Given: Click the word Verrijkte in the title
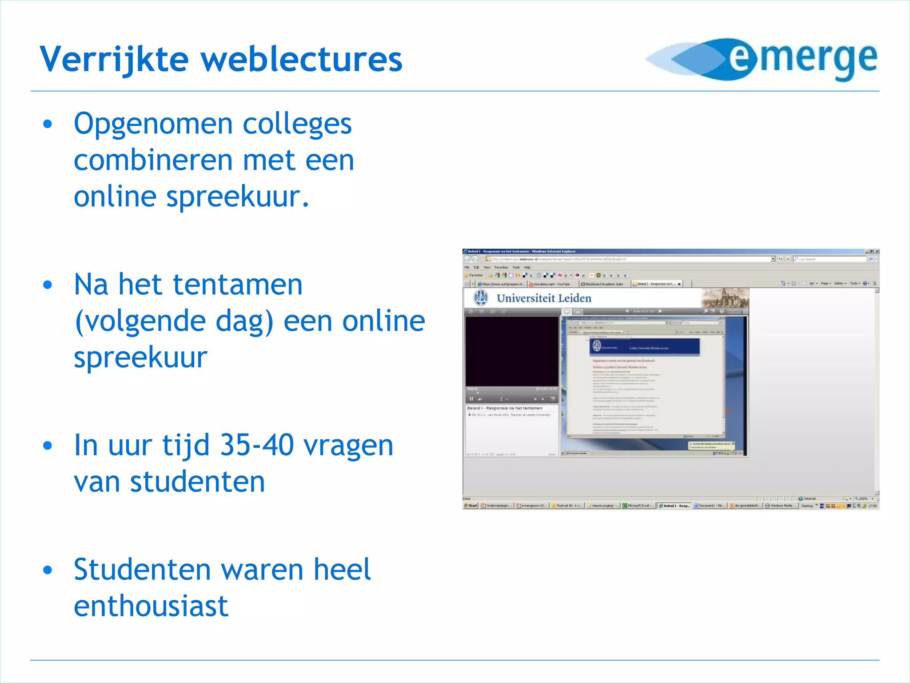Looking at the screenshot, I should tap(114, 59).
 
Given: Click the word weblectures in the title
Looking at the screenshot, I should tap(302, 59).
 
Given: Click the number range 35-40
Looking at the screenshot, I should tap(256, 445).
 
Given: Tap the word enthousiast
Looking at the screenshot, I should tap(151, 606).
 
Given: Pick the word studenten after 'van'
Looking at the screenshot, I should tap(197, 482).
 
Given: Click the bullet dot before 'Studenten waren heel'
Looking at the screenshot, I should tap(48, 570).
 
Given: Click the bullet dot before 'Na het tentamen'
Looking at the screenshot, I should tap(48, 285).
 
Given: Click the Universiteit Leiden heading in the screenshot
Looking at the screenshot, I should tap(544, 298).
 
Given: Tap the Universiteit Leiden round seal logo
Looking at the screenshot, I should tap(480, 297).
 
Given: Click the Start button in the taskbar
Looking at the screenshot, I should tap(471, 506).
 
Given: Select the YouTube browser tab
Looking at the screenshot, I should tap(551, 284).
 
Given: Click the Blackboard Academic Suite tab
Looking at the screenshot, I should tap(603, 284).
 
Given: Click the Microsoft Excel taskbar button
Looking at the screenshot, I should tap(639, 506).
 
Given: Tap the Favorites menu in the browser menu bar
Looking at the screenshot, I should tap(501, 267).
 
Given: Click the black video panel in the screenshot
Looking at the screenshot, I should tap(511, 351).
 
